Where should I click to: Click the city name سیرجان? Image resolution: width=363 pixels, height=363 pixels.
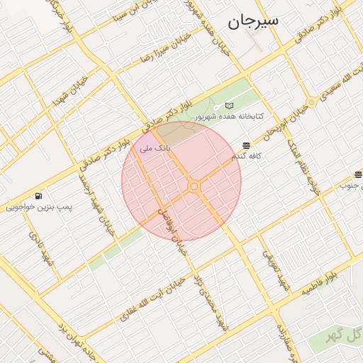(x=253, y=21)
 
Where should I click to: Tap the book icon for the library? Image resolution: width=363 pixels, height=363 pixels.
(x=229, y=106)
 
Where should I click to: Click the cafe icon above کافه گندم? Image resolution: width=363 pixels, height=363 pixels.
(x=246, y=145)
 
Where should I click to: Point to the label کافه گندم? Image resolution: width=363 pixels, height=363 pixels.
(x=246, y=155)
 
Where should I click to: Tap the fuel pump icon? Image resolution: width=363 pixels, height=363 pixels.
(x=38, y=196)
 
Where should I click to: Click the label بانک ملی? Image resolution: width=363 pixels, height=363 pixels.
(x=155, y=148)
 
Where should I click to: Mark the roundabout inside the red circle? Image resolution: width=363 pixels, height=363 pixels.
(x=194, y=186)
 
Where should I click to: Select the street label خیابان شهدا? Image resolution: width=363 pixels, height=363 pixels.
(x=74, y=91)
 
